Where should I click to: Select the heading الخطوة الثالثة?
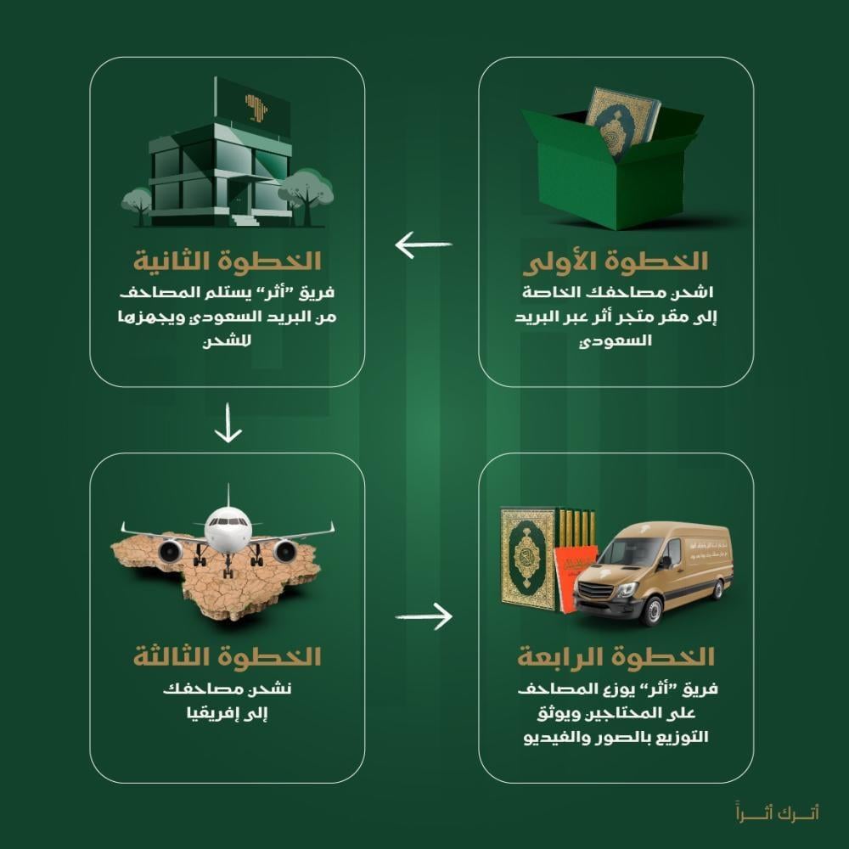click(228, 657)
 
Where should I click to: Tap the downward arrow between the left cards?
click(228, 423)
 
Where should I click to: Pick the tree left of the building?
click(137, 200)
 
